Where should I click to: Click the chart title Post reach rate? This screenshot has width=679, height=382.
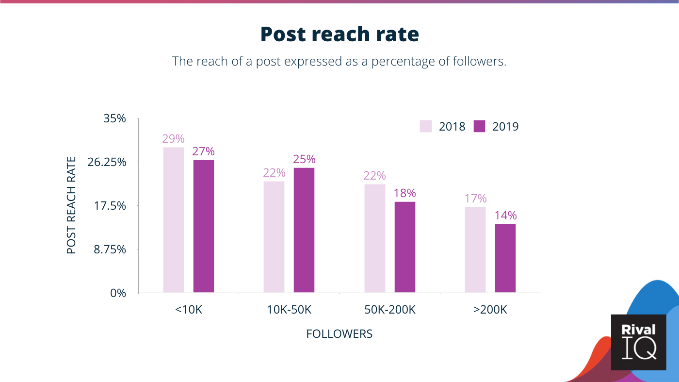[x=339, y=34]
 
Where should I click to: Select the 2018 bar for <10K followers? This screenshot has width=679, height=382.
[x=174, y=220]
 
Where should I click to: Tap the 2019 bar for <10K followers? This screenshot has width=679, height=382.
[x=204, y=226]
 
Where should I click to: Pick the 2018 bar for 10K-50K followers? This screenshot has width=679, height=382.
[x=274, y=237]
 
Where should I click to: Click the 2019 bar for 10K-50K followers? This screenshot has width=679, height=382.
[x=304, y=230]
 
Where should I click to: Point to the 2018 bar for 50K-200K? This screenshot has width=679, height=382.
[x=375, y=238]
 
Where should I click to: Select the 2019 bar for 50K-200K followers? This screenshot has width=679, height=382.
[x=405, y=247]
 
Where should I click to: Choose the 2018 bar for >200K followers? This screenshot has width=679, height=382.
[x=475, y=250]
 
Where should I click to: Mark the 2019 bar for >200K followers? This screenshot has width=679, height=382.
[x=505, y=258]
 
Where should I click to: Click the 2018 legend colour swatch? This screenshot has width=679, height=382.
[x=426, y=126]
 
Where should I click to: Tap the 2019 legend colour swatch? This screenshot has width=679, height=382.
[x=479, y=126]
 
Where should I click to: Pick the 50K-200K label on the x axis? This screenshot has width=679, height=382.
[x=390, y=310]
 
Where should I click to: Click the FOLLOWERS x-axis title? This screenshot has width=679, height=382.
[x=339, y=334]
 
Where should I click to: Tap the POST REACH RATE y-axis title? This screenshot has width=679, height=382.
[x=71, y=205]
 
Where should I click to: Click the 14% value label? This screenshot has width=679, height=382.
[x=505, y=216]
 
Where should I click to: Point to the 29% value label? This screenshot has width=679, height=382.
[x=173, y=139]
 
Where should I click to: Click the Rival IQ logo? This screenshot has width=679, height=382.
[x=639, y=342]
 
